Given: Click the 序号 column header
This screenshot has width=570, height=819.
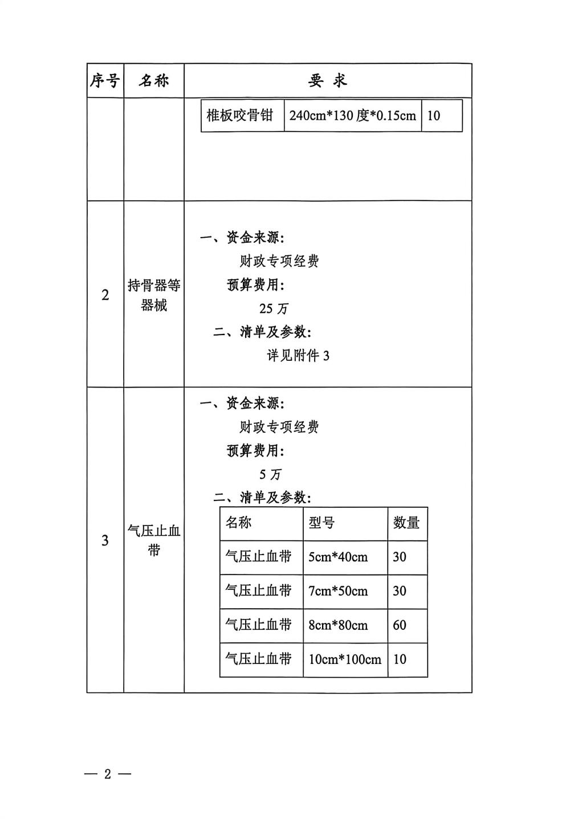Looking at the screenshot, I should coord(105,81).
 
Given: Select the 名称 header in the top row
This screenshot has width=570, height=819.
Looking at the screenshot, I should coord(154,81).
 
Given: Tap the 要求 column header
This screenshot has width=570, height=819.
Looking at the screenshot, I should coord(328,81).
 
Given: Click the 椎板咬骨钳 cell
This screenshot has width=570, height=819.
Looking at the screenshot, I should coord(240,116).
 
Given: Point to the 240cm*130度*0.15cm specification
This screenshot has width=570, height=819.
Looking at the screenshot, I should coord(352,116).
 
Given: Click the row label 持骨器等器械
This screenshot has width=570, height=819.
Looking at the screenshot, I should coord(154,295).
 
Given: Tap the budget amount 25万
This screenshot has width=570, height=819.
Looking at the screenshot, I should coord(274,308).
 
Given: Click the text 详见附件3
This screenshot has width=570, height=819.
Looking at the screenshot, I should coord(298,356).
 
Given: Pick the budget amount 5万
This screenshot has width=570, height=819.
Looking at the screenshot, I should coord(270,474).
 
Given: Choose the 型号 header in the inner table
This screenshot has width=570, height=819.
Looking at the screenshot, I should coord(321,523).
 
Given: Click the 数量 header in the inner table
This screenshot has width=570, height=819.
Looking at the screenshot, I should coord(406,523).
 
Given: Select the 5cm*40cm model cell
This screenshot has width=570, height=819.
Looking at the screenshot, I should coord(338,557).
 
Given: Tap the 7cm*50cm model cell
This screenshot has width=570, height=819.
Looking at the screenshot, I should coord(338,591).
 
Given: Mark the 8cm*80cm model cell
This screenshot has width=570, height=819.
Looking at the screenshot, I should coord(338,625).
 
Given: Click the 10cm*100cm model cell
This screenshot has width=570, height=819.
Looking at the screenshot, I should coord(345,659).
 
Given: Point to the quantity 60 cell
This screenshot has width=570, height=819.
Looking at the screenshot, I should coord(400,625).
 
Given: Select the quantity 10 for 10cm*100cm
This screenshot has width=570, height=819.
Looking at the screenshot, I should coord(400,659).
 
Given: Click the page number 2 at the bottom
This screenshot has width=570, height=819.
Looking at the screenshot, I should coord(107,775).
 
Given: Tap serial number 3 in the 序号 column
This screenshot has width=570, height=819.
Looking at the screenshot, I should coord(105,540).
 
